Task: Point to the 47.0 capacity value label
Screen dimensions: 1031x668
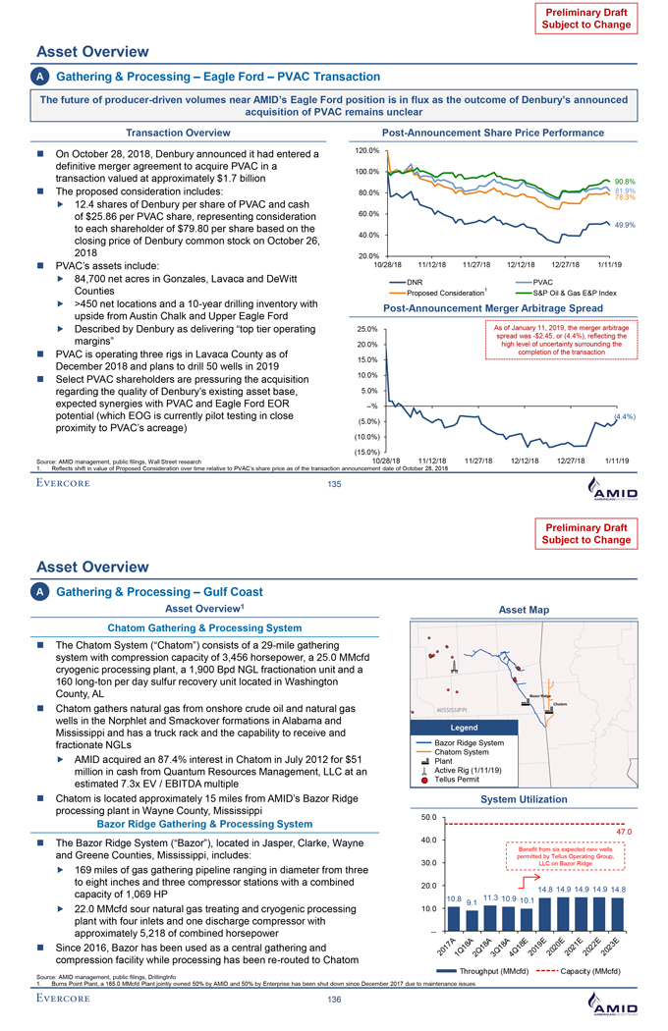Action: (622, 832)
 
